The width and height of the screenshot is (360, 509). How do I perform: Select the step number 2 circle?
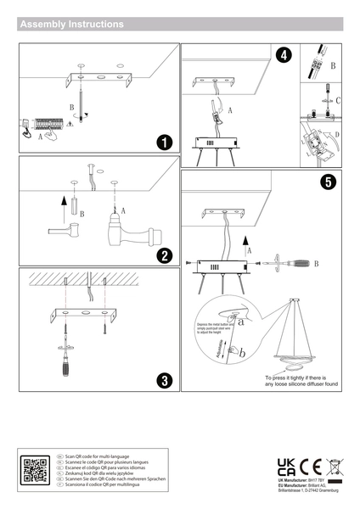[x=165, y=256]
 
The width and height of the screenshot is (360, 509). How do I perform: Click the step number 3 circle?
[x=165, y=379]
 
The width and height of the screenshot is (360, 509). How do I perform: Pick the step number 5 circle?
[x=328, y=181]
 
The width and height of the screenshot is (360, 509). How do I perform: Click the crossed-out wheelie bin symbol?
[x=333, y=466]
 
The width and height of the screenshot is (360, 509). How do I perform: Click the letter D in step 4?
[x=337, y=134]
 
